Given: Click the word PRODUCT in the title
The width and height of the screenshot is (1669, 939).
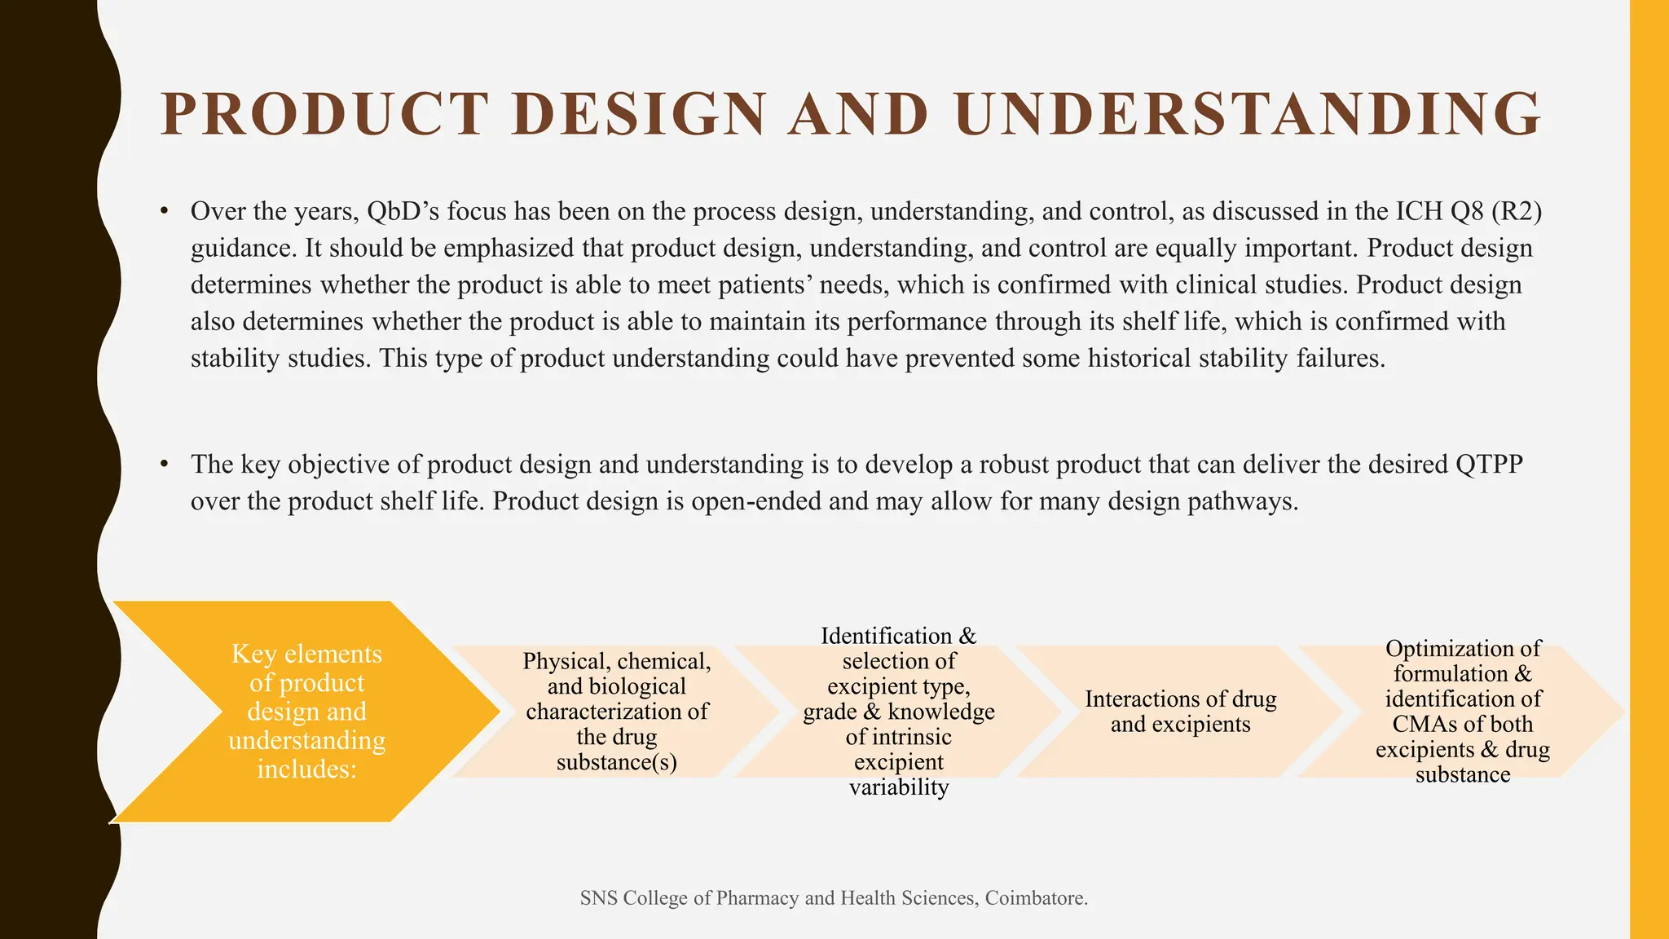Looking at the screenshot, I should tap(324, 114).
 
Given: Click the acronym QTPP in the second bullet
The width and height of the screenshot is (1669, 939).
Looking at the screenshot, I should tap(1488, 465).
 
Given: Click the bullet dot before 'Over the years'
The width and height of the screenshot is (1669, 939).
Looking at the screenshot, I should tap(165, 212).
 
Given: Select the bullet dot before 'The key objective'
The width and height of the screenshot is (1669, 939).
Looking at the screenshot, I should tap(165, 465).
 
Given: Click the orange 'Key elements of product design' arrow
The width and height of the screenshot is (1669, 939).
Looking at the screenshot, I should tap(306, 711).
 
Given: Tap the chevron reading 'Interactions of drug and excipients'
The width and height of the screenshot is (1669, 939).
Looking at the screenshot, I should tap(1180, 711).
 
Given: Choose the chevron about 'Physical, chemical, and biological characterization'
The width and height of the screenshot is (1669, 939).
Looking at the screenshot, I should tap(616, 711).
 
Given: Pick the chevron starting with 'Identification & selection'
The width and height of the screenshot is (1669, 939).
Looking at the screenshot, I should tap(898, 711).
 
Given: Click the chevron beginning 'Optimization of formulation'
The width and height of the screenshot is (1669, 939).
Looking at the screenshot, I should tap(1462, 711).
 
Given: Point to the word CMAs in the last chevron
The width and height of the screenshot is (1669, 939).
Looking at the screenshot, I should tap(1420, 724).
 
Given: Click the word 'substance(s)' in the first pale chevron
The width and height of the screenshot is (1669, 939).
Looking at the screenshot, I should tap(616, 762).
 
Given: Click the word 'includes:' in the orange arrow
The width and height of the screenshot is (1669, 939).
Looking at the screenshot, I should tap(306, 769).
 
